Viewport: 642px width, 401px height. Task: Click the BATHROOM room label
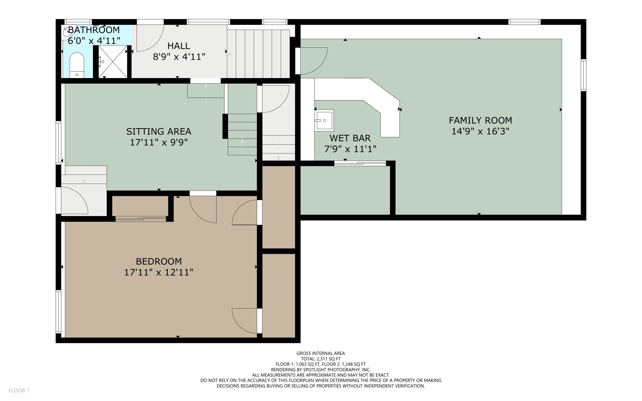coord(94,30)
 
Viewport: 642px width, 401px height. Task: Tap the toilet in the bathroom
coord(76,65)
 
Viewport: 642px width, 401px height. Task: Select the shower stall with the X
coord(113,62)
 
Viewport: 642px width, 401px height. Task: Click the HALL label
coord(179,46)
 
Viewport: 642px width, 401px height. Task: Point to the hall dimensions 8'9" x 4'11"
coord(179,57)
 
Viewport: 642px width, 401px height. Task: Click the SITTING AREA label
coord(159,131)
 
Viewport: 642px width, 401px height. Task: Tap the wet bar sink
coord(324,120)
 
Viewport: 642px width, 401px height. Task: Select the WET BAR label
coord(350,138)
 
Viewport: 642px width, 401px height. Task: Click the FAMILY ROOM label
coord(480,120)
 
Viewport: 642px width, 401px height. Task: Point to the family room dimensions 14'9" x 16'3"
coord(480,131)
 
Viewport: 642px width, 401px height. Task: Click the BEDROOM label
coord(159,261)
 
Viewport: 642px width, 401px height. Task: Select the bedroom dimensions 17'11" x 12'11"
coord(159,272)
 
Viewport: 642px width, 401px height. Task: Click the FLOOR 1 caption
coord(19,390)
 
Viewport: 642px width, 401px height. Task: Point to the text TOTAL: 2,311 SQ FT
coord(321,359)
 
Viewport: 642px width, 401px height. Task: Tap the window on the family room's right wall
coord(583,75)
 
